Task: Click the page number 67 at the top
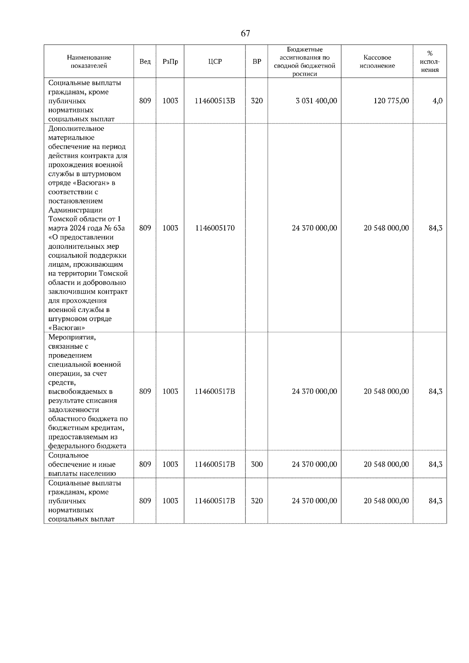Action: pyautogui.click(x=245, y=34)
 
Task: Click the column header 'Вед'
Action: pyautogui.click(x=145, y=62)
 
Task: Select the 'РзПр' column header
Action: pyautogui.click(x=170, y=62)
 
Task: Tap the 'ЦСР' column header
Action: pyautogui.click(x=215, y=62)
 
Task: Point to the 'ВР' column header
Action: pyautogui.click(x=257, y=62)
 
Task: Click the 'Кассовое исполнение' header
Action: pyautogui.click(x=377, y=62)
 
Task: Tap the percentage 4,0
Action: pyautogui.click(x=437, y=101)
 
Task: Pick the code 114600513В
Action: pyautogui.click(x=215, y=101)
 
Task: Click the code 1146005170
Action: pyautogui.click(x=215, y=228)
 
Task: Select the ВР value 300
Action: pyautogui.click(x=257, y=464)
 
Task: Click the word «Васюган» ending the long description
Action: pyautogui.click(x=66, y=328)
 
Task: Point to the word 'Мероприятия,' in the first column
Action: pyautogui.click(x=72, y=337)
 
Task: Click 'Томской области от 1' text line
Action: pyautogui.click(x=84, y=219)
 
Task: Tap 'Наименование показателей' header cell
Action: pyautogui.click(x=89, y=62)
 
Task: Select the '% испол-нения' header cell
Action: pyautogui.click(x=430, y=62)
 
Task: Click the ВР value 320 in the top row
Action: pyautogui.click(x=257, y=101)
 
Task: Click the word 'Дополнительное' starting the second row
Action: pyautogui.click(x=76, y=128)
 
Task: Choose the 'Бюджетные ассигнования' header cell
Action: pyautogui.click(x=304, y=62)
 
